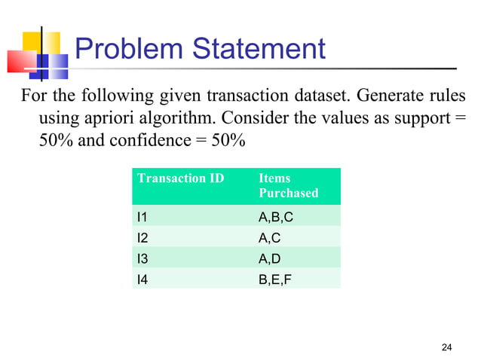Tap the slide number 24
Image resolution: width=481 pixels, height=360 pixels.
[x=447, y=347]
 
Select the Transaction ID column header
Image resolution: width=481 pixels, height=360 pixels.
[x=170, y=178]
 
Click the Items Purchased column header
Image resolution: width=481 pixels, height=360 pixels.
[x=288, y=185]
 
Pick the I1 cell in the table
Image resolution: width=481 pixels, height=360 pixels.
[x=142, y=217]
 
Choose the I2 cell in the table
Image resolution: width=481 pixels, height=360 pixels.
[x=142, y=238]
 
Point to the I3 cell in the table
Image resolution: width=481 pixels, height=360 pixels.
[x=142, y=259]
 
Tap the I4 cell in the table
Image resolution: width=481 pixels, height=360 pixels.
[x=142, y=279]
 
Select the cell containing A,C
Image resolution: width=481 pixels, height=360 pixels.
[x=270, y=238]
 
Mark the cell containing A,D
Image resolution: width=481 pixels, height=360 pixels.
[x=270, y=259]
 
